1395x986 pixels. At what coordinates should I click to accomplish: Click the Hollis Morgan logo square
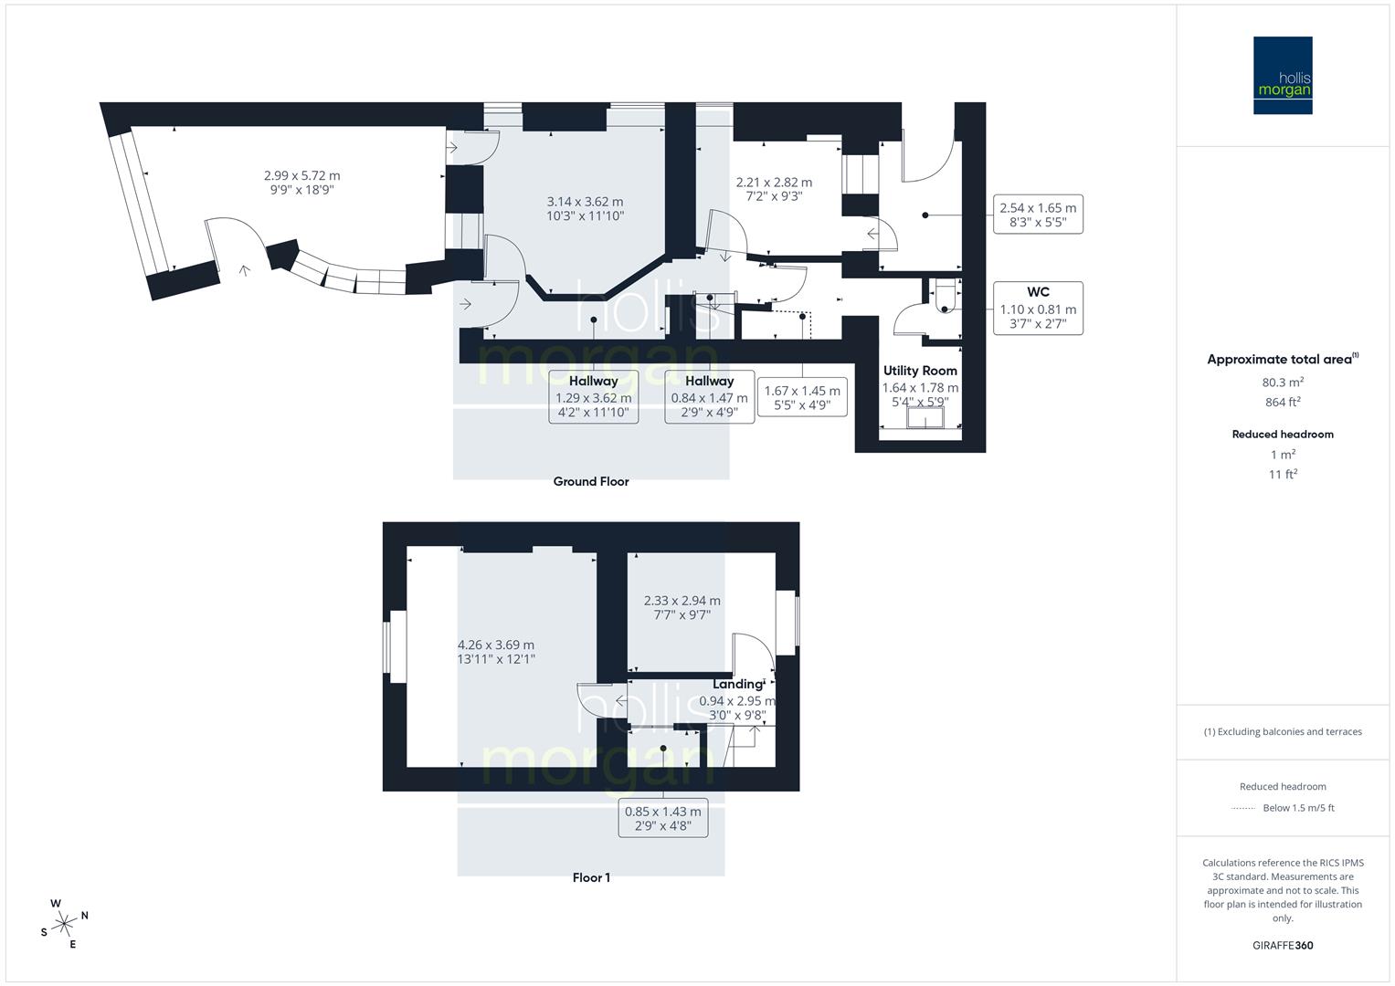pos(1282,75)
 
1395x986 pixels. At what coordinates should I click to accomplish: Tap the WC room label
pos(1038,292)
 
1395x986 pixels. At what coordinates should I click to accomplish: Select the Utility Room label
pos(920,371)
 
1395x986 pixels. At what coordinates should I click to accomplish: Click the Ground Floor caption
pos(591,481)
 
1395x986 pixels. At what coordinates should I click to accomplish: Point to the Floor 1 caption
pos(591,877)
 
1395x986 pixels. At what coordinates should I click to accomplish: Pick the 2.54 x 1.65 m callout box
pos(1038,215)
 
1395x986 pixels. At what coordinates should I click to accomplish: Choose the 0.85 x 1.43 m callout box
pos(663,818)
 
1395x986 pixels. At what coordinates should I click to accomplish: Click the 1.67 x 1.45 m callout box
pos(802,397)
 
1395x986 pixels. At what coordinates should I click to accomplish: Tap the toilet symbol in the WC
pos(945,295)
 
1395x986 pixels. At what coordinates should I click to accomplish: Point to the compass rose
pos(64,923)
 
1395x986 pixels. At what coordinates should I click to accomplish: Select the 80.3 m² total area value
pos(1283,383)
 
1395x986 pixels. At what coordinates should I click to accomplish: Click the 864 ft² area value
pos(1283,402)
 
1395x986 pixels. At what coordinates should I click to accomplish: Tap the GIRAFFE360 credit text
pos(1283,945)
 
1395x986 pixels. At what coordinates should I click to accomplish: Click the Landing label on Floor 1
pos(738,684)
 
